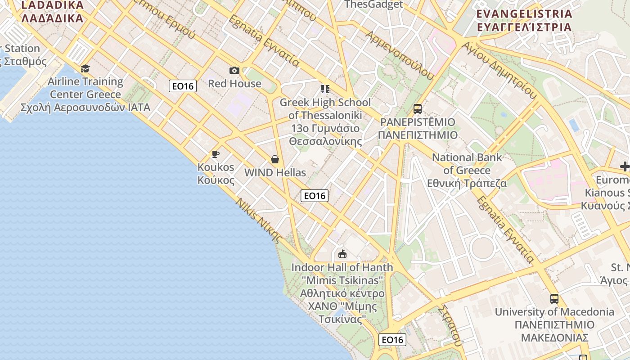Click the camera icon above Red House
[x=234, y=70]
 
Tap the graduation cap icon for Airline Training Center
[x=85, y=68]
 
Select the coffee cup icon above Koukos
[x=216, y=154]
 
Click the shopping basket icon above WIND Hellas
[x=275, y=159]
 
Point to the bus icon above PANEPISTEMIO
[x=418, y=109]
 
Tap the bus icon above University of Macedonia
[x=554, y=298]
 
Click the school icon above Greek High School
[x=325, y=89]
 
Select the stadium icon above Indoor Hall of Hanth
[x=342, y=254]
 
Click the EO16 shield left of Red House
[x=183, y=86]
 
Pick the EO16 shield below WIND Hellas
[x=315, y=196]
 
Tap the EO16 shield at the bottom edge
[x=392, y=340]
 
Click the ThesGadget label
[x=373, y=4]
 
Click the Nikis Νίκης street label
[x=258, y=220]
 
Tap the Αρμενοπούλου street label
[x=400, y=55]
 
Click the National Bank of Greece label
[x=467, y=171]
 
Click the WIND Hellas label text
[x=275, y=172]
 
